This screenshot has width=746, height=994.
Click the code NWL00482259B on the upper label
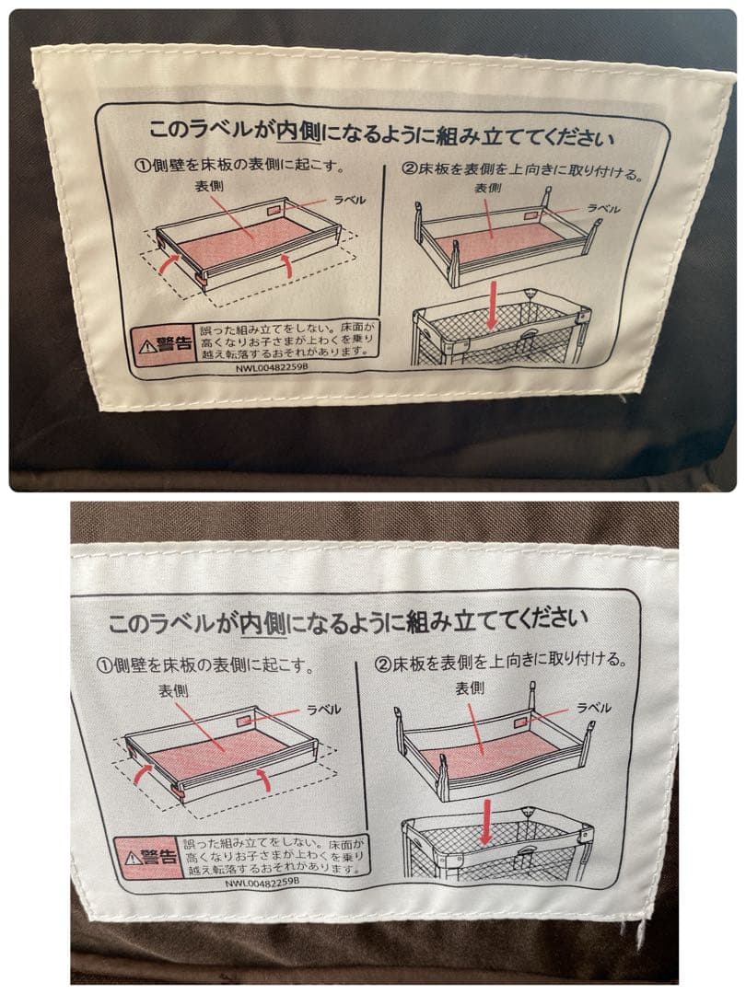coord(272,367)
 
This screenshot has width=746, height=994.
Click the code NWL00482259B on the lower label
coord(262,882)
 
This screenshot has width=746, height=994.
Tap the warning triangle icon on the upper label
coord(147,346)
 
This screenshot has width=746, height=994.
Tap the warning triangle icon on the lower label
coord(133,858)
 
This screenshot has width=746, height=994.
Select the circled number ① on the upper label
coord(141,166)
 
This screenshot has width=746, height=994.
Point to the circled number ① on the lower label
coord(104,665)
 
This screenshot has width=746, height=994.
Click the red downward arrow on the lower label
coord(486,822)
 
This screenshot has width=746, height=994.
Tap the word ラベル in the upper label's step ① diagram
coord(350,201)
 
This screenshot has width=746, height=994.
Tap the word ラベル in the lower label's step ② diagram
coord(594,708)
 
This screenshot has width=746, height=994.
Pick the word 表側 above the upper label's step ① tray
coord(209,186)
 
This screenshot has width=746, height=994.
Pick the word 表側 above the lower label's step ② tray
coord(470,688)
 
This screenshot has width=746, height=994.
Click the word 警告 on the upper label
coord(174,344)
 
